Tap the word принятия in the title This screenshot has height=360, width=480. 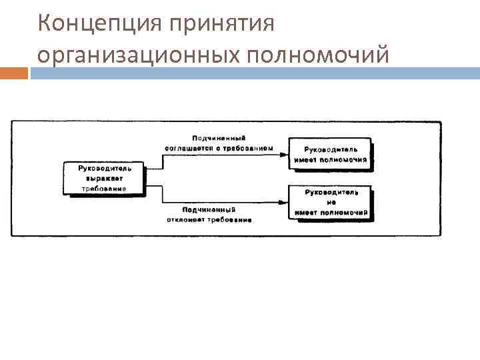click(221, 24)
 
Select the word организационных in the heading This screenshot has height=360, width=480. click(138, 55)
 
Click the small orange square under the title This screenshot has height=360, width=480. click(14, 73)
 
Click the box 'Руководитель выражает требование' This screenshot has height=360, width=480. click(105, 179)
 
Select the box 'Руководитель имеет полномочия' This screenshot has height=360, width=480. click(331, 154)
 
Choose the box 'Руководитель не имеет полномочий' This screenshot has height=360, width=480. click(331, 203)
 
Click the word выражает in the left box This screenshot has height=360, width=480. click(104, 179)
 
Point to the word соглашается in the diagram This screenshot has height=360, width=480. click(193, 147)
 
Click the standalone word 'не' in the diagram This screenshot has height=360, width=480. click(331, 203)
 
